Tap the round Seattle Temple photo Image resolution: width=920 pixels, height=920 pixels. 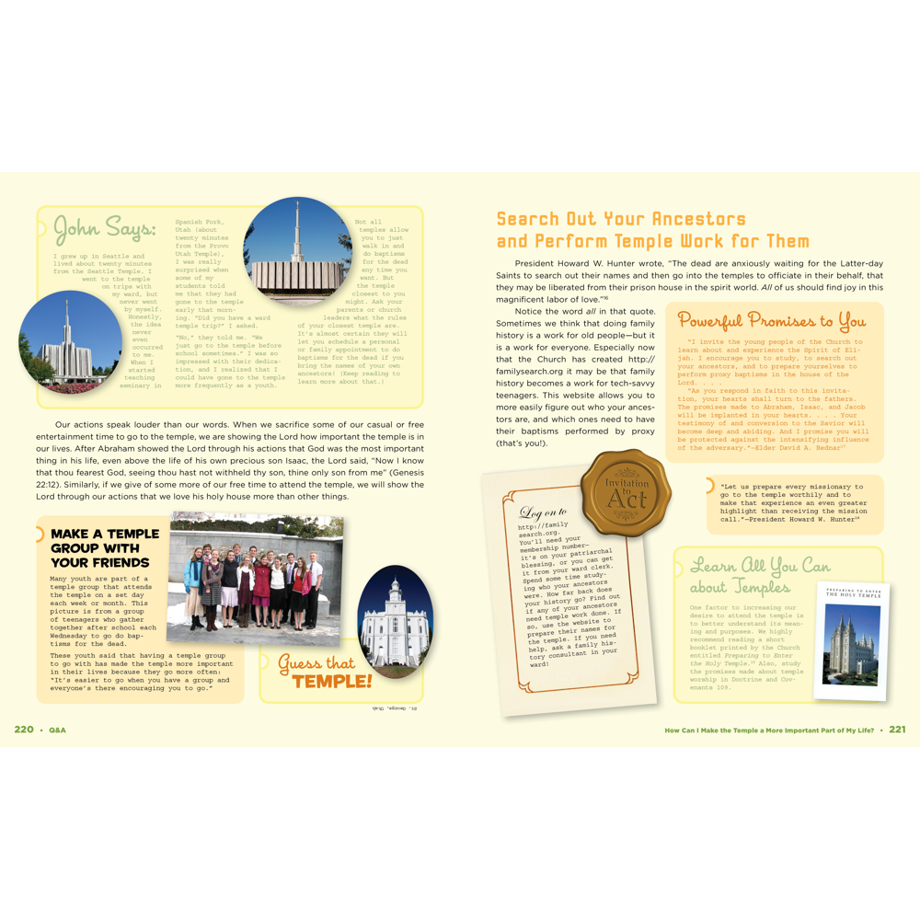(x=71, y=343)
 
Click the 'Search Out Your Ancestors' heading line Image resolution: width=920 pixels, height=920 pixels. (x=621, y=219)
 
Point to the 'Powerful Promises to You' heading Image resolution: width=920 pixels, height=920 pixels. (x=771, y=321)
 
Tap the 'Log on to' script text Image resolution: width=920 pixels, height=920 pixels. (x=543, y=512)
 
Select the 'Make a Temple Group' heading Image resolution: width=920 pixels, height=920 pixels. (x=105, y=547)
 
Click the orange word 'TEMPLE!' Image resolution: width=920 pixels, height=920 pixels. (x=332, y=682)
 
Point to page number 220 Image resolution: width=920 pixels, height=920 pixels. (x=24, y=730)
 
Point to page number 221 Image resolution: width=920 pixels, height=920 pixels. (x=897, y=730)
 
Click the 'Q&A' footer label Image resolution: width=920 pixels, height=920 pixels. (x=57, y=730)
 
